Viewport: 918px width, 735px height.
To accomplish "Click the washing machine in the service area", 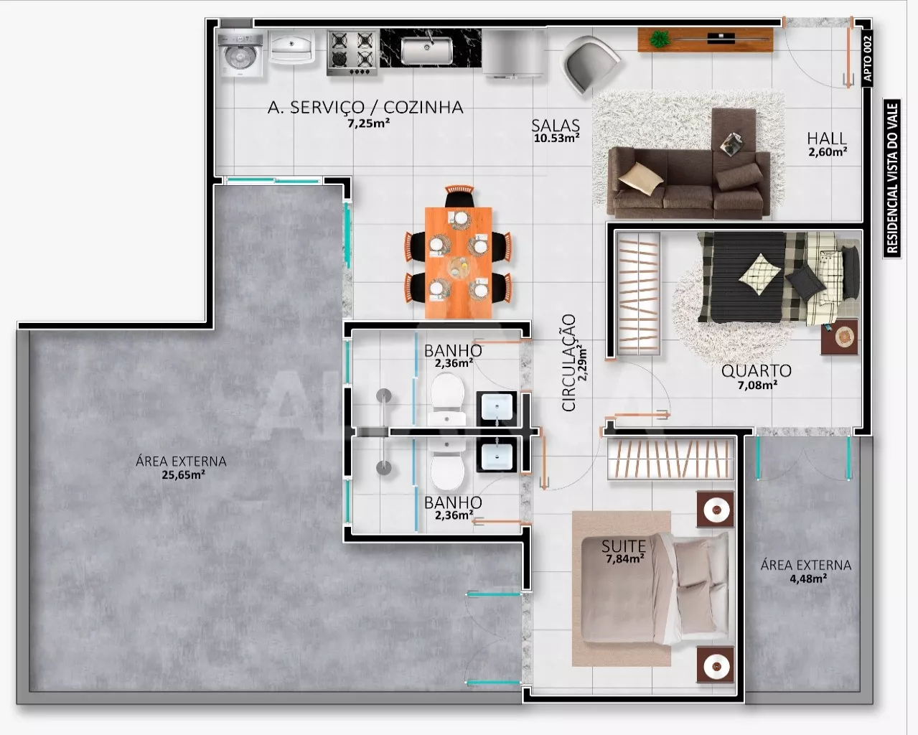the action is point(240,53).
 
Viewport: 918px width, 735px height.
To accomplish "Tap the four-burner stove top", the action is point(352,52).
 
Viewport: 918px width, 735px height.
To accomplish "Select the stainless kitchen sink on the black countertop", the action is point(426,50).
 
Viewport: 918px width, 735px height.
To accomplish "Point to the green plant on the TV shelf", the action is point(660,39).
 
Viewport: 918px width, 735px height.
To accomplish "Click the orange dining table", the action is point(459,262).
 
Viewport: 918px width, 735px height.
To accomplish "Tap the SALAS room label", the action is point(556,126).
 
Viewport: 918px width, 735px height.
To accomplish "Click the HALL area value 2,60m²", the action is point(827,151).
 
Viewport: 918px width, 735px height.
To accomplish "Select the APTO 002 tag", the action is point(867,58).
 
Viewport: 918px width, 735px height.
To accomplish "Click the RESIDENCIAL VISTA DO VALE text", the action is point(892,179).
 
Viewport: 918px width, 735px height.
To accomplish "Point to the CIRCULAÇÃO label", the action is point(568,363).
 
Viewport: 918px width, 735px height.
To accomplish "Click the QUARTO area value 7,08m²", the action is point(757,385).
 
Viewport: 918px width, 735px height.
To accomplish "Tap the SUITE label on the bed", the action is point(624,546).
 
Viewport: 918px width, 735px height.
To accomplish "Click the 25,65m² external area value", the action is point(183,474).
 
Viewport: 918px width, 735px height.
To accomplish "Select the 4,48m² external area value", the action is point(808,579).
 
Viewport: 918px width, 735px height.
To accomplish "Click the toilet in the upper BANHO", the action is point(446,399).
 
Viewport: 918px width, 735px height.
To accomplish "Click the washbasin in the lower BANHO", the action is point(497,456).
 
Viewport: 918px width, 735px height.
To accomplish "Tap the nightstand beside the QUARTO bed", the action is point(840,337).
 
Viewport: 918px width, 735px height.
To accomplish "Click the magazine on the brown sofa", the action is point(731,143).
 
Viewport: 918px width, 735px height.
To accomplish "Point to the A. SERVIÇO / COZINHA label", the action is point(365,107).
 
